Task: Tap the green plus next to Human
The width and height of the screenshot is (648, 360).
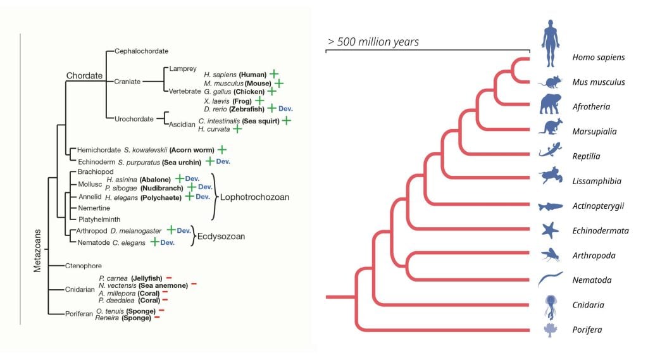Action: (x=274, y=74)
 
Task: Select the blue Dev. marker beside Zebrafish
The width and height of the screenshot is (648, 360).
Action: (x=285, y=109)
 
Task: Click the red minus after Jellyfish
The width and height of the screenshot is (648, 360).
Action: (x=169, y=278)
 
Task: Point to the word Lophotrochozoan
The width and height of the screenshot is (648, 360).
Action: (x=254, y=197)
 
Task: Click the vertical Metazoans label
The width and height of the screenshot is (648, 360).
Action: (x=37, y=269)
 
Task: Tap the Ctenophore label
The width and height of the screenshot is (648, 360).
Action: (x=84, y=266)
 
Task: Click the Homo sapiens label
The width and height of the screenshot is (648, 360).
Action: (x=598, y=58)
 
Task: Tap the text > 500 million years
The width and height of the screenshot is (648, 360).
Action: (x=373, y=42)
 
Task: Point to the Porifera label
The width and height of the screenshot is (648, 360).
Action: (x=589, y=330)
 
